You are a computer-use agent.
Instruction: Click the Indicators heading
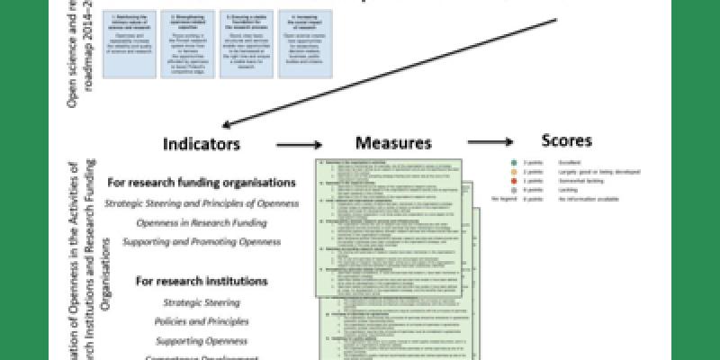pyautogui.click(x=202, y=143)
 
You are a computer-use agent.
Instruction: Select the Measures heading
pyautogui.click(x=392, y=142)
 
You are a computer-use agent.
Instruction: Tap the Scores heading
pyautogui.click(x=567, y=140)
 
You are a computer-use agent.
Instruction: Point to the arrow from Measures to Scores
pyautogui.click(x=490, y=141)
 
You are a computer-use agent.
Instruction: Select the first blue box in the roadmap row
pyautogui.click(x=131, y=36)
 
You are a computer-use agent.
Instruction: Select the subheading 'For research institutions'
pyautogui.click(x=202, y=281)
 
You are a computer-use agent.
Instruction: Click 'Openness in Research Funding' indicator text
pyautogui.click(x=202, y=222)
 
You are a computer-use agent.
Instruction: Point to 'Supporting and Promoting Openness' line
pyautogui.click(x=202, y=242)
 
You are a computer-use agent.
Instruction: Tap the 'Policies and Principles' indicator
pyautogui.click(x=202, y=321)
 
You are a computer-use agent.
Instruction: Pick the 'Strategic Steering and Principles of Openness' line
pyautogui.click(x=202, y=202)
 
